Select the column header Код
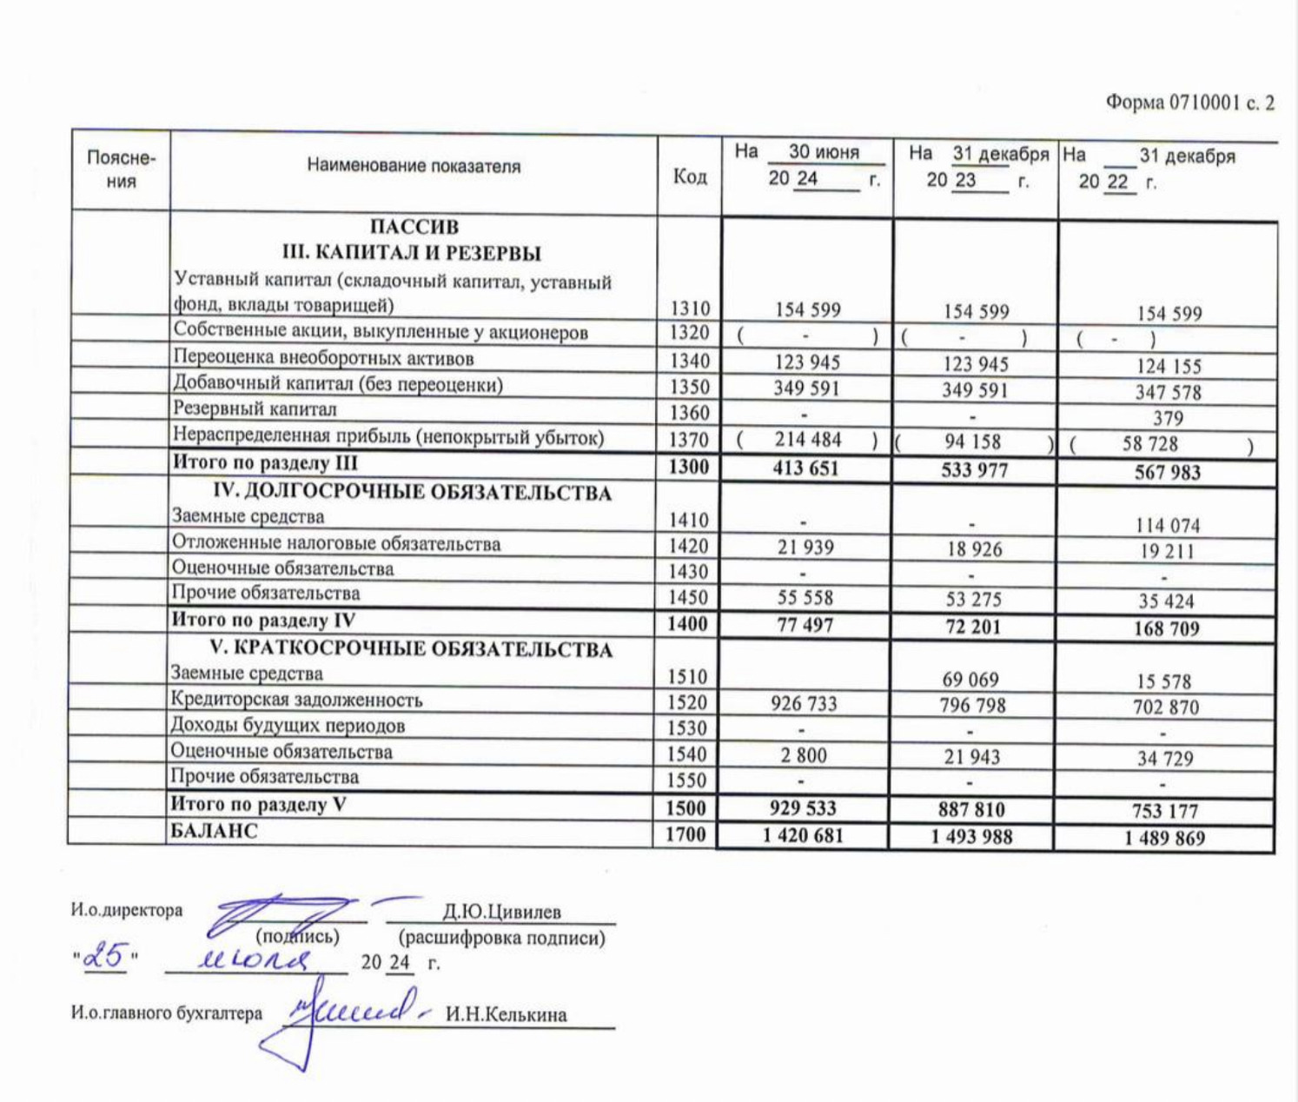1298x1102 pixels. point(690,176)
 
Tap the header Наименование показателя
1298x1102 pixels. point(414,166)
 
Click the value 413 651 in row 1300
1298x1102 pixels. point(806,468)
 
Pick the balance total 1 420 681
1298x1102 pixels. point(803,836)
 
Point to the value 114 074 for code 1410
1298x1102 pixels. point(1167,525)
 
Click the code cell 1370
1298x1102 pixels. point(689,440)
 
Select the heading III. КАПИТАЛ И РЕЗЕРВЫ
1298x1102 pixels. point(412,253)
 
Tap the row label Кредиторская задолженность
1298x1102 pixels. point(296,700)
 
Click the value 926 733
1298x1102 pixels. point(804,703)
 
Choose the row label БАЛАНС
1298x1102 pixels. point(214,831)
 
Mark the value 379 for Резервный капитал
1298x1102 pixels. point(1168,418)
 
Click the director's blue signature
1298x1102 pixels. point(278,914)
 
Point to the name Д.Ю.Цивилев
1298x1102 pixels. point(501,912)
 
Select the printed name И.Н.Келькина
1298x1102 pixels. point(506,1014)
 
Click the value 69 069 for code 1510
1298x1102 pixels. point(970,680)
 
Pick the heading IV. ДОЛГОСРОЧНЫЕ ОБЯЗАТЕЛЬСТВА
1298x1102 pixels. point(412,493)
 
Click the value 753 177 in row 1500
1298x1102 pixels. point(1164,811)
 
